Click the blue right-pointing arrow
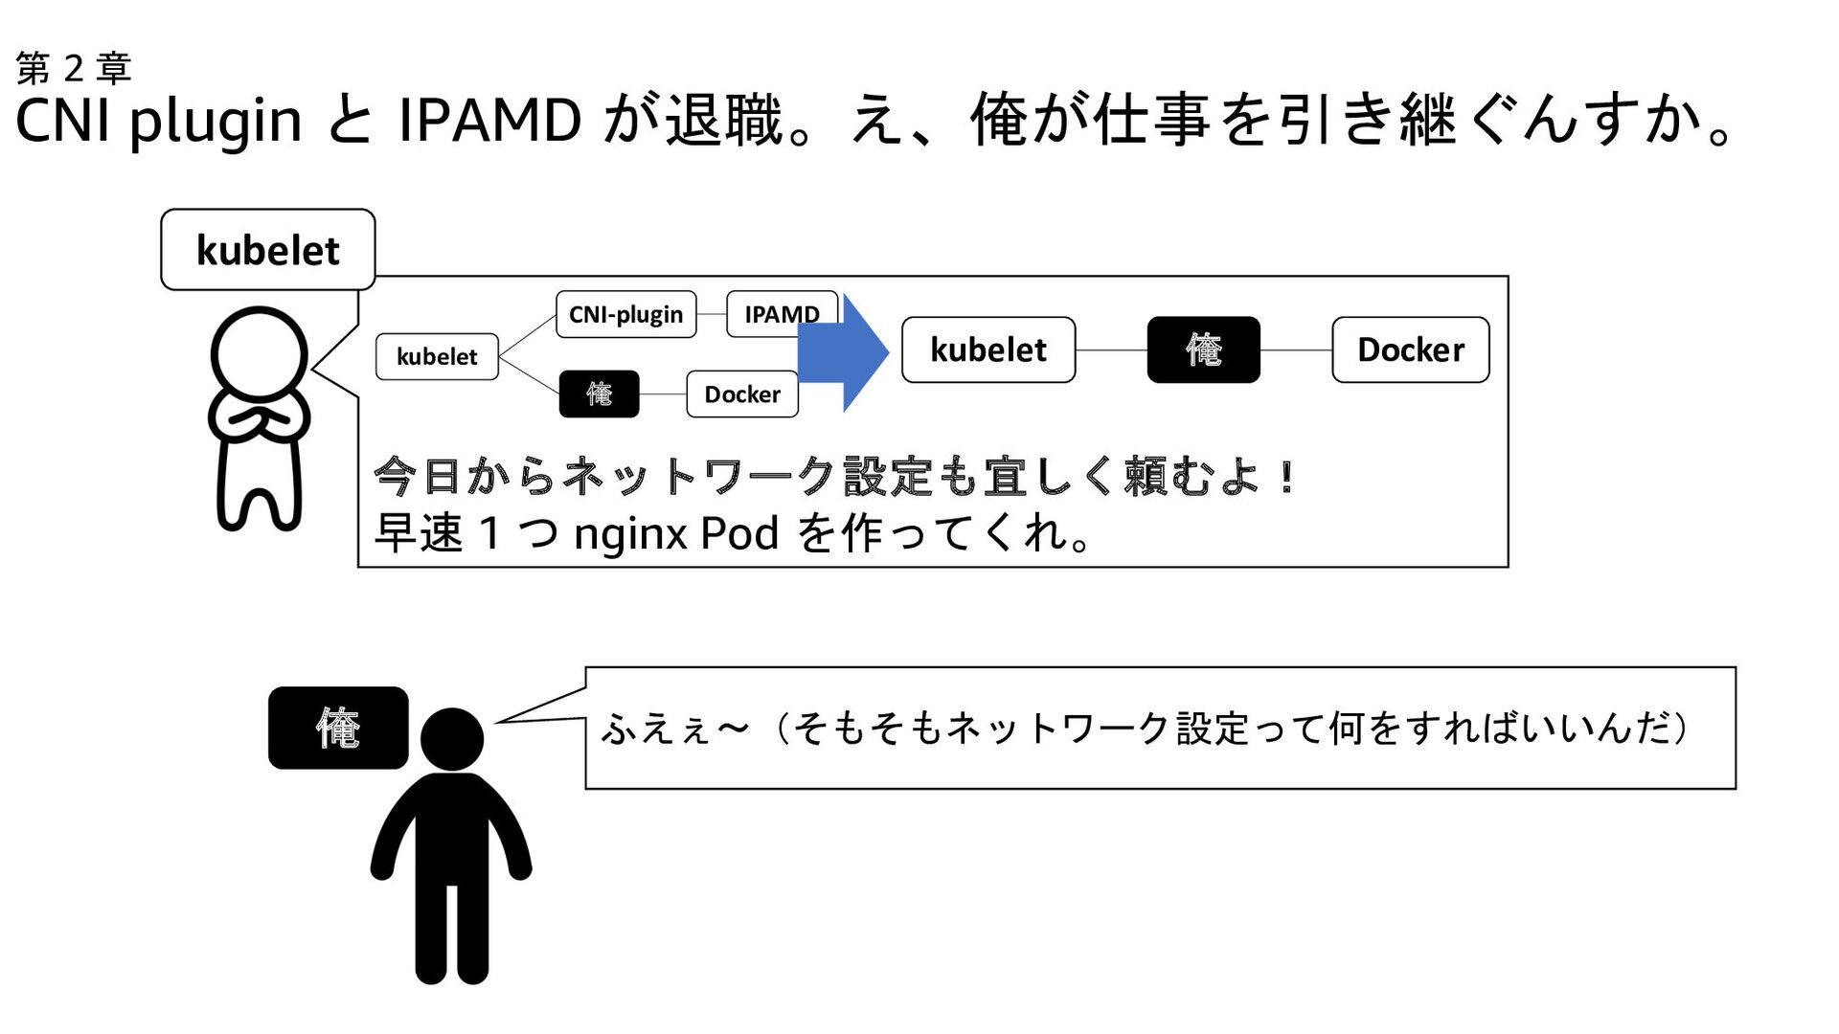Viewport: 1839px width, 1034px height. point(842,353)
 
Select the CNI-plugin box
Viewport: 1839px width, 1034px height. point(625,314)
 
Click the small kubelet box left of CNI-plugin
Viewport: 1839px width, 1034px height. point(437,356)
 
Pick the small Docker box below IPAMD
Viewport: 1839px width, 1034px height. point(742,393)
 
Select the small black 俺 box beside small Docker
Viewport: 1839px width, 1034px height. point(599,393)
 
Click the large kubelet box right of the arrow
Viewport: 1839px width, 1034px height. point(988,349)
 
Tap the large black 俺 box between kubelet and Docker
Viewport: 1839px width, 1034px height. point(1203,349)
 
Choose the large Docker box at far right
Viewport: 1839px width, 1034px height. point(1410,349)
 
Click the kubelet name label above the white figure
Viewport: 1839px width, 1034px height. point(268,250)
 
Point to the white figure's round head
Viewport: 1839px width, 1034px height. point(259,352)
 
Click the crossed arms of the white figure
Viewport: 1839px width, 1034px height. point(259,418)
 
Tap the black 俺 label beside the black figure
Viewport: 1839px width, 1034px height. point(338,728)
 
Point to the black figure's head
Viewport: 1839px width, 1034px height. point(452,739)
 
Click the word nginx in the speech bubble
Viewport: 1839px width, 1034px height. point(629,533)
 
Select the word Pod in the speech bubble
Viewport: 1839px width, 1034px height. point(739,533)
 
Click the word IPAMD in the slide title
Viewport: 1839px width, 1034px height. point(489,121)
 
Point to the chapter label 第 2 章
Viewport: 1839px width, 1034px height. point(74,68)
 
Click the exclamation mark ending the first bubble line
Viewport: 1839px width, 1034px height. point(1287,477)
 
